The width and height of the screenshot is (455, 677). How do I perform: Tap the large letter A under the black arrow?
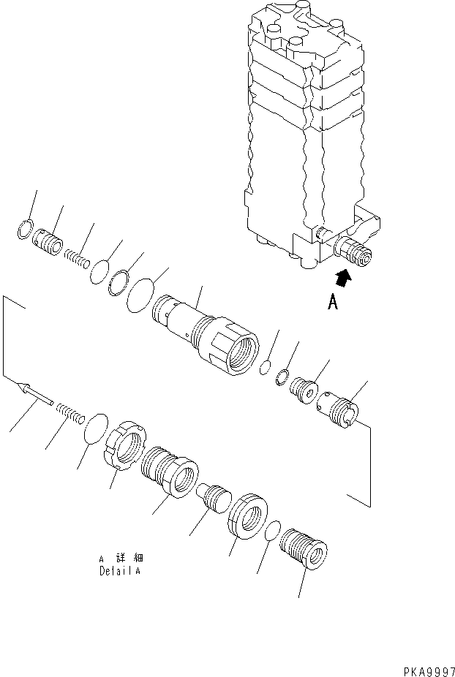point(333,301)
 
